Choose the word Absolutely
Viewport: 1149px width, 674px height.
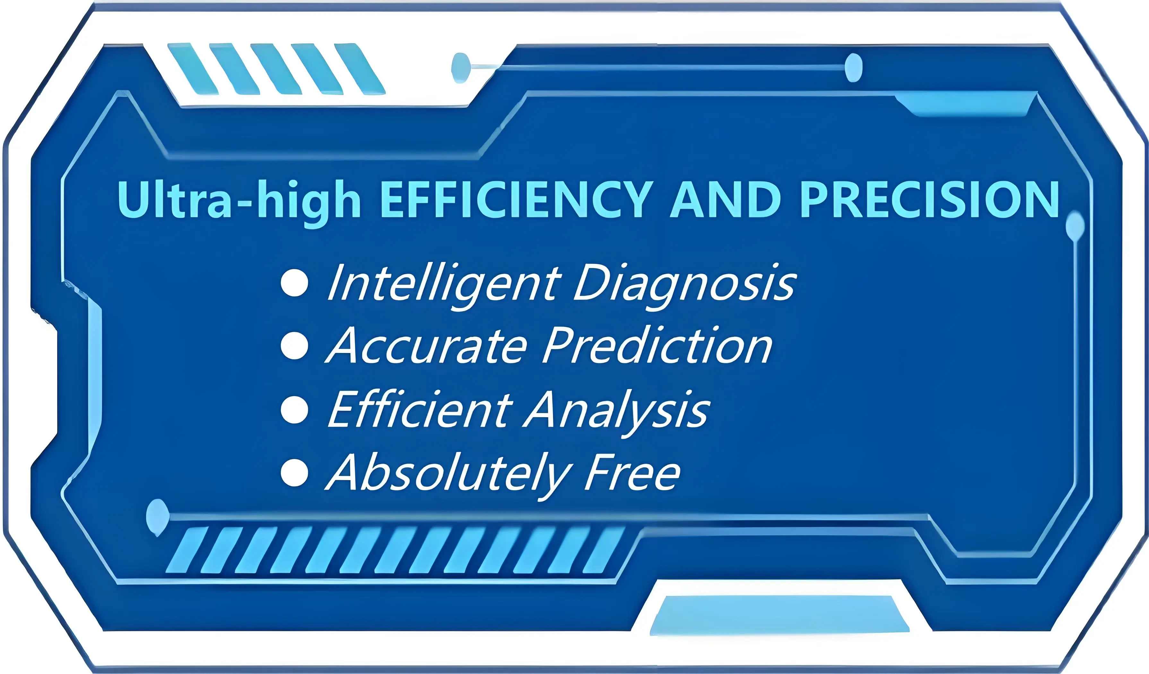pyautogui.click(x=449, y=474)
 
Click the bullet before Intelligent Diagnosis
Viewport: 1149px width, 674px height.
pyautogui.click(x=295, y=283)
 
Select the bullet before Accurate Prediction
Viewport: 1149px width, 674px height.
pyautogui.click(x=295, y=346)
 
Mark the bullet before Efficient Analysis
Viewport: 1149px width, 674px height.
pyautogui.click(x=295, y=409)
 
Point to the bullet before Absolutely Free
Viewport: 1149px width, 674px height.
pyautogui.click(x=295, y=472)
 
